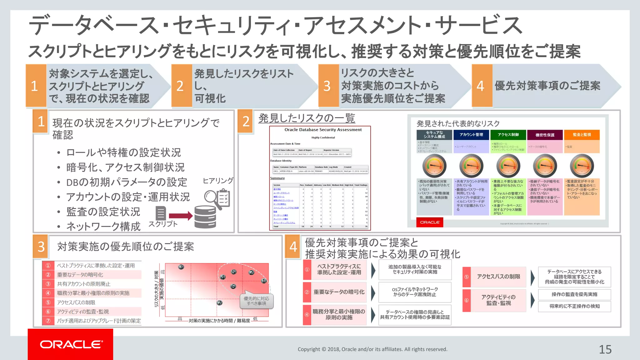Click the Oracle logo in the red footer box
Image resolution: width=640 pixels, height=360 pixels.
click(x=71, y=344)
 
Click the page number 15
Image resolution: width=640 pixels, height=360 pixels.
click(x=605, y=349)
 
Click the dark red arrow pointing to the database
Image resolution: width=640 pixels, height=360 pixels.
click(x=181, y=216)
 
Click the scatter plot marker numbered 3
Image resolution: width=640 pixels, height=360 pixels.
click(x=181, y=267)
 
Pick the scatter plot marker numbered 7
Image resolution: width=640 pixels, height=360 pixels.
click(x=220, y=302)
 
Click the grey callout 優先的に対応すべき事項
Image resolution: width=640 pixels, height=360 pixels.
click(x=256, y=301)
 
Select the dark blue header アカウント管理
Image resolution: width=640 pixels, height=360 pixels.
click(x=471, y=135)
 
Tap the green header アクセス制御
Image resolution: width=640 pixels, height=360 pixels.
click(x=508, y=135)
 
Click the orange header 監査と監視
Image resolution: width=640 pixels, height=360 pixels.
click(x=582, y=135)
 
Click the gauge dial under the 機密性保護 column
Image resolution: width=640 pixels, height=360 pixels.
click(x=545, y=166)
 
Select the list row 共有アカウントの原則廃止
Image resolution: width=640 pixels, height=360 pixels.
click(x=83, y=284)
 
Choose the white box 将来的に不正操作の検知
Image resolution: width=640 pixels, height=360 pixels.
click(x=574, y=306)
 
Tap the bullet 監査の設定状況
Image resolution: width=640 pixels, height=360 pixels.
click(x=103, y=212)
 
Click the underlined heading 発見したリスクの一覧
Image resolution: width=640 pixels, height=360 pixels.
click(x=307, y=118)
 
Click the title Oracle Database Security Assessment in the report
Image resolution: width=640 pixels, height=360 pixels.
click(x=323, y=130)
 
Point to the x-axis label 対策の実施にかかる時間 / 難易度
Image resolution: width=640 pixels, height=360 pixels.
click(x=219, y=321)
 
